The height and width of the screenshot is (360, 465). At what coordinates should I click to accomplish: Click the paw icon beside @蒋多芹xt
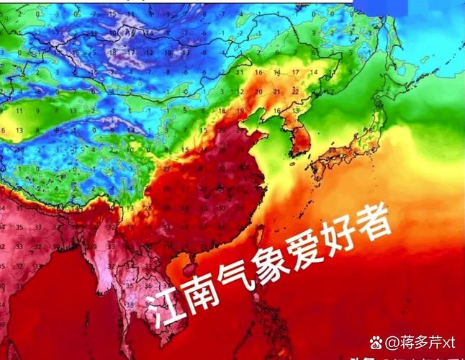[x=375, y=341]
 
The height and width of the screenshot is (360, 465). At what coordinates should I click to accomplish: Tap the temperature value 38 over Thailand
[x=129, y=304]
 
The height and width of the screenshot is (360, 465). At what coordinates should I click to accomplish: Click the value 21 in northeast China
[x=276, y=91]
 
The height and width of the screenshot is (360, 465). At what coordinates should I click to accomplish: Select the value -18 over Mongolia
[x=112, y=53]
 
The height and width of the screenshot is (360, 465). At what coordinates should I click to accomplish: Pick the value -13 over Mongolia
[x=147, y=53]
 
